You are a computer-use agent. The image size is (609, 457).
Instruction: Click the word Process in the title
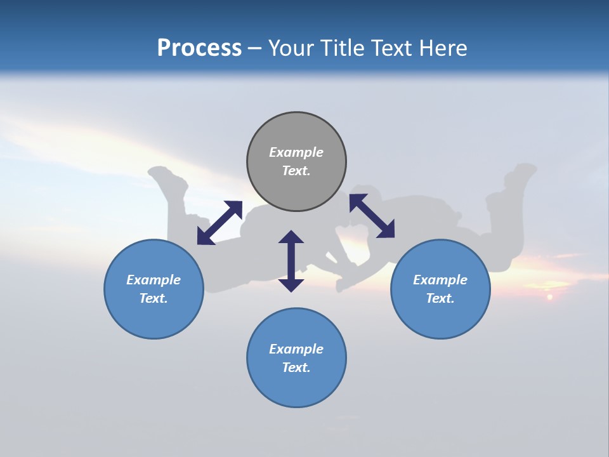click(199, 48)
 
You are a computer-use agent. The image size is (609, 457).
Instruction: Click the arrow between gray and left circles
click(219, 223)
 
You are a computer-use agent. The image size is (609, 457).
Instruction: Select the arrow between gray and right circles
click(372, 216)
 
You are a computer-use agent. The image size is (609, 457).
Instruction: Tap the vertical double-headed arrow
click(291, 261)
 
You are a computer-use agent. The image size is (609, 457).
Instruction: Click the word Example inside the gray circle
click(296, 152)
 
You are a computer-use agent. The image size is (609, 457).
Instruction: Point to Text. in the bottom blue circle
click(296, 368)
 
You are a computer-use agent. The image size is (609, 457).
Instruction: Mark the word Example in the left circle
click(154, 280)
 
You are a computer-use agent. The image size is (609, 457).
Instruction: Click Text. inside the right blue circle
click(440, 298)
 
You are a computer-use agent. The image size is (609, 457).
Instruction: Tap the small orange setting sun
click(549, 296)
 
